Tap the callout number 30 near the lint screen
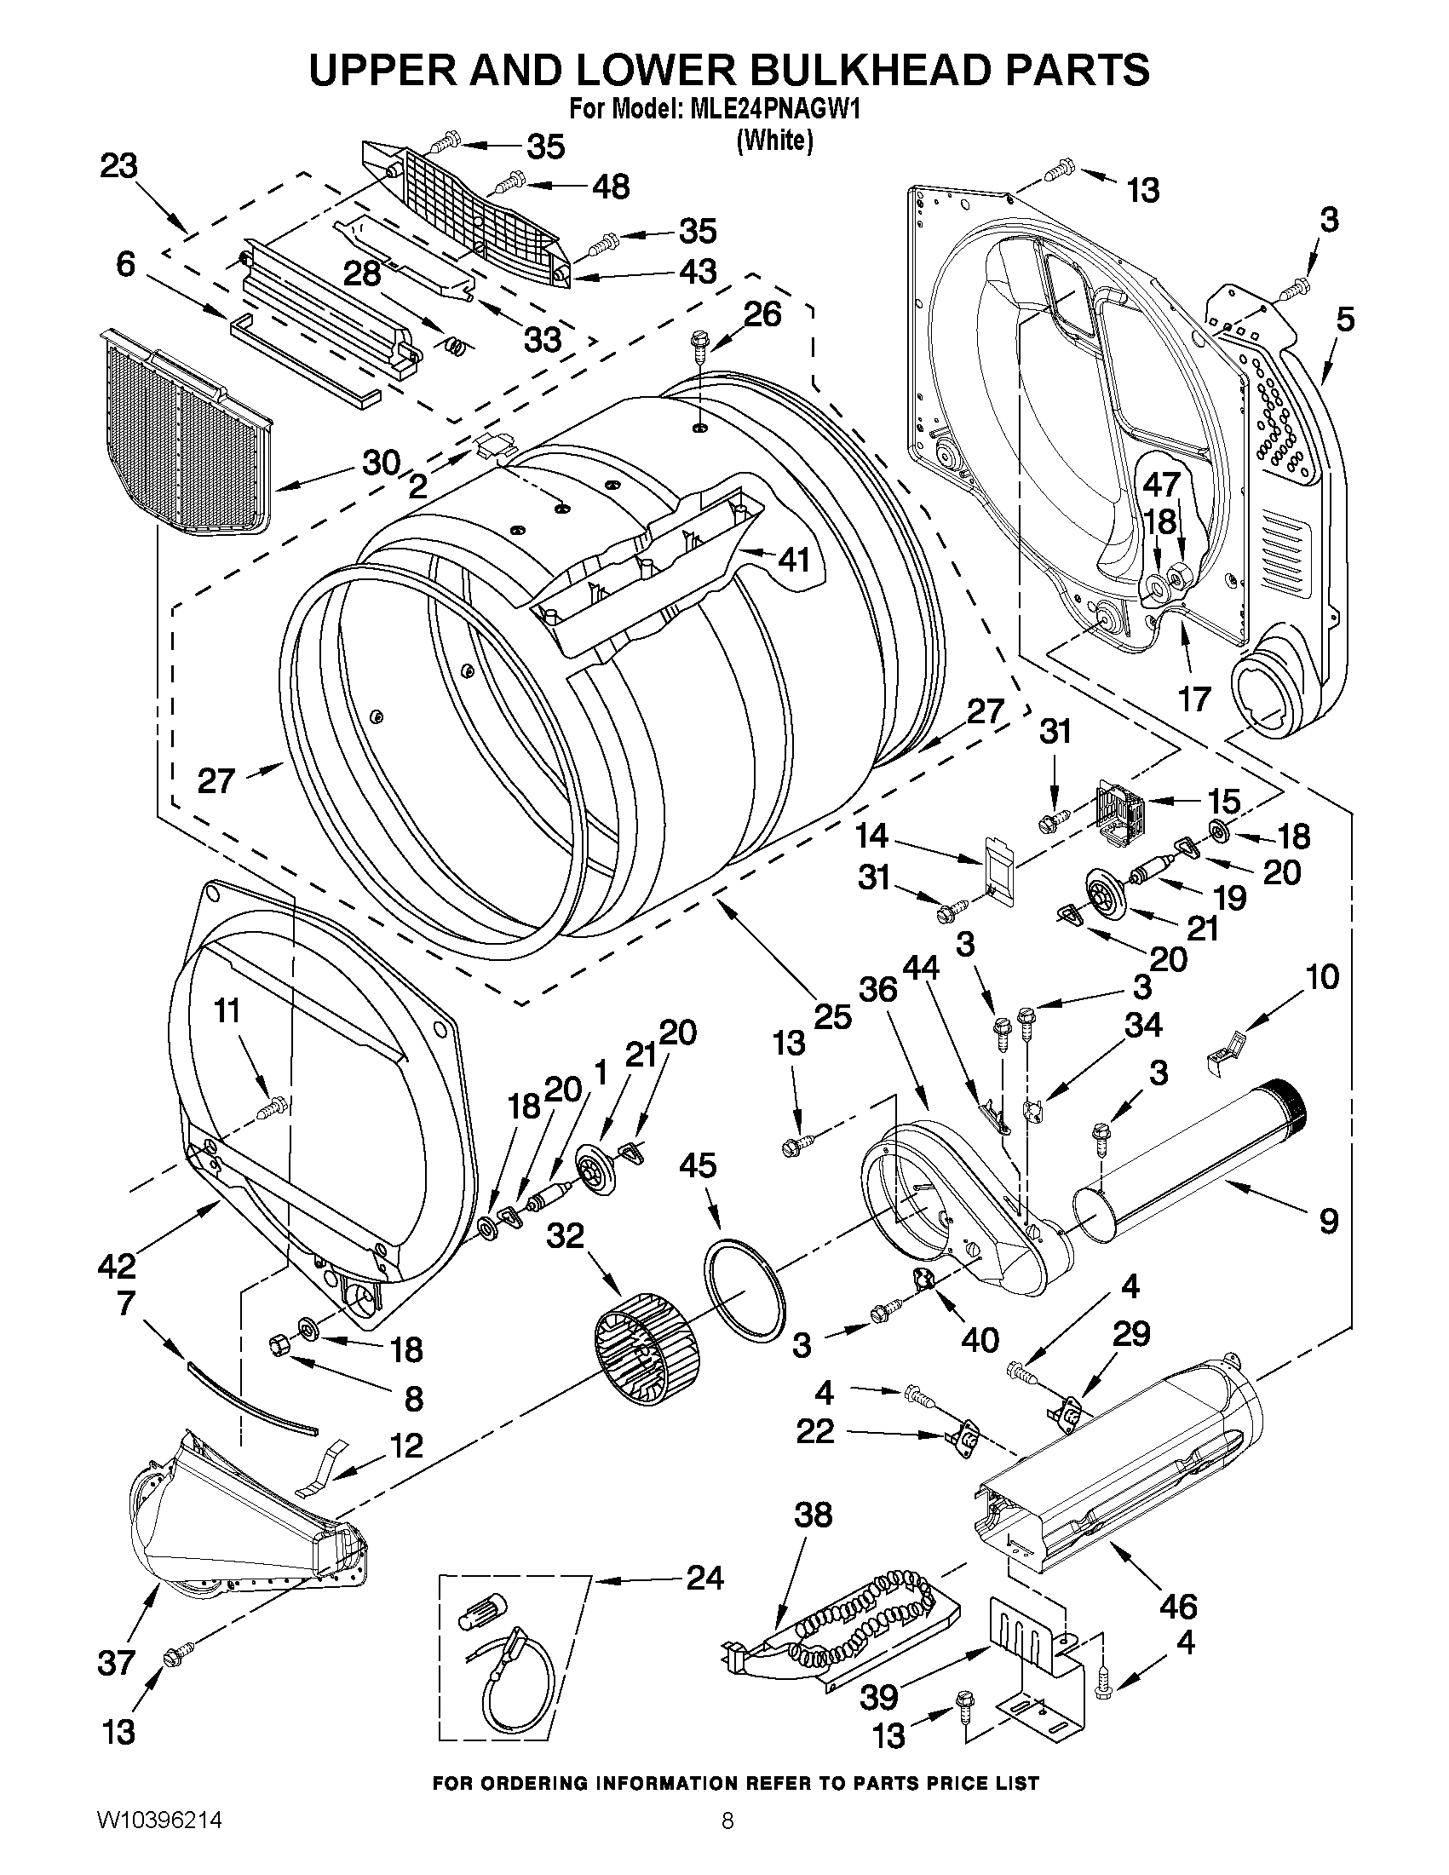click(381, 463)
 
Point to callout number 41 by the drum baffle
click(794, 560)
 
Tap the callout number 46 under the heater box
click(1179, 1605)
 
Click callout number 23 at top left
click(118, 167)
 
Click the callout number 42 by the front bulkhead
click(117, 1264)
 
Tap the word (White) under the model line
click(774, 140)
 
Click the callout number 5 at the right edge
click(1345, 319)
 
